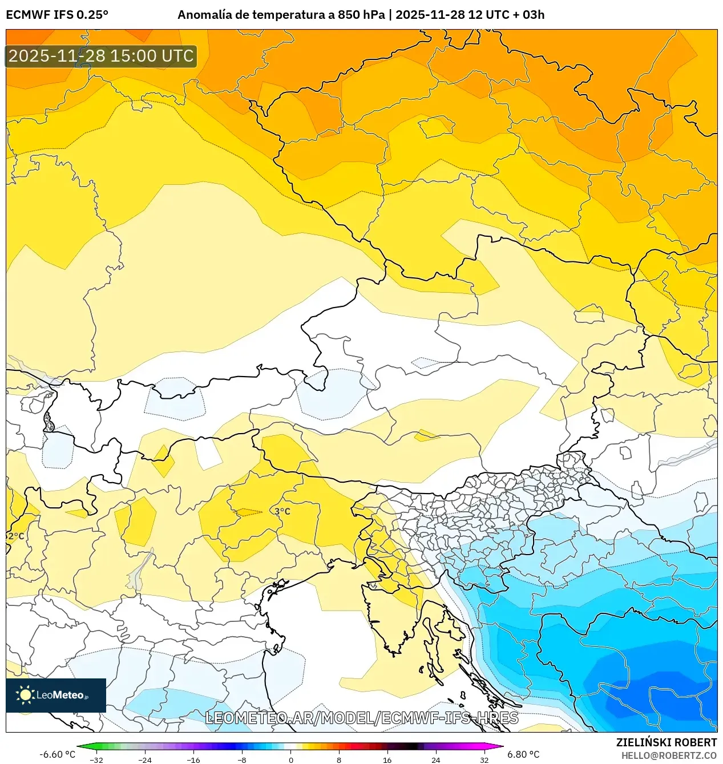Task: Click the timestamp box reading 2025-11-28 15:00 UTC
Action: click(x=101, y=56)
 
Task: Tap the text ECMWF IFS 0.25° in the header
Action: click(x=57, y=15)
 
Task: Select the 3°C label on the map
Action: click(x=282, y=511)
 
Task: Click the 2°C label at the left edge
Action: click(x=16, y=536)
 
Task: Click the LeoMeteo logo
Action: click(x=56, y=695)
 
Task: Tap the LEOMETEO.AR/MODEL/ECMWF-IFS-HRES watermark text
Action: click(x=361, y=718)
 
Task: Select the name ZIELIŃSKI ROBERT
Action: click(x=666, y=742)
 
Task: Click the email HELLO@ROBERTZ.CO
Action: click(x=669, y=755)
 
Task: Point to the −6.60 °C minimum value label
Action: click(x=57, y=754)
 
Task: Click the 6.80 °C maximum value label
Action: click(x=523, y=754)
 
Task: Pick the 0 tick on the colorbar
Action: click(x=291, y=759)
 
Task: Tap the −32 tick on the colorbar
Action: click(x=96, y=759)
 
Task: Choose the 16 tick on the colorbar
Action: click(x=387, y=759)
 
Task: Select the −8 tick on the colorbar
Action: click(x=242, y=759)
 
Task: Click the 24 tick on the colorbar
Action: click(x=436, y=759)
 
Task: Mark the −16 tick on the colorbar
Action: click(x=193, y=759)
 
